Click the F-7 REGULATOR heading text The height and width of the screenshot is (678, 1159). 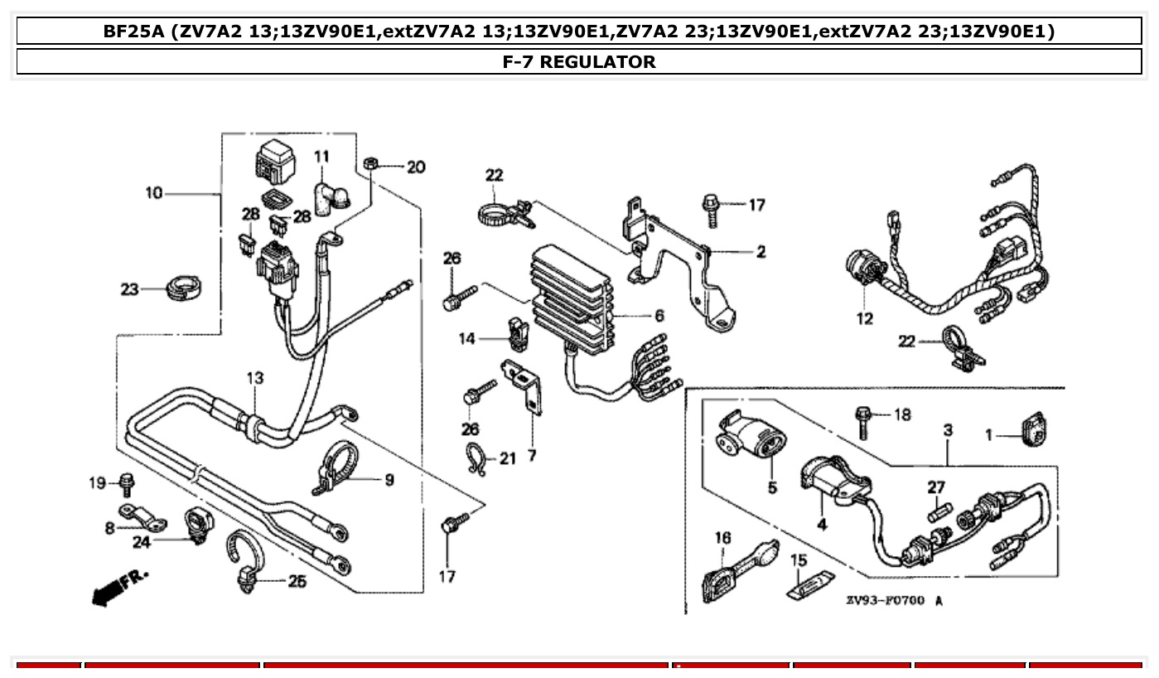click(x=579, y=62)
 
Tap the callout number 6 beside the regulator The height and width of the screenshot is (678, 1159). click(x=659, y=316)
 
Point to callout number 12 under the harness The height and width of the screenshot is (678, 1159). click(x=864, y=319)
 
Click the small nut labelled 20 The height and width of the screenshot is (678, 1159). click(x=371, y=163)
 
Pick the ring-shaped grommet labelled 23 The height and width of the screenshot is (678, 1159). click(x=185, y=288)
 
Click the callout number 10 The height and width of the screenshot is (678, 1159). click(x=154, y=193)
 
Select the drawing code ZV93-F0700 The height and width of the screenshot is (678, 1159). click(x=883, y=600)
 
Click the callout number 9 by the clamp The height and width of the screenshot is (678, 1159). click(x=389, y=479)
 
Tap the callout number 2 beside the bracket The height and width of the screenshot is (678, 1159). click(x=761, y=252)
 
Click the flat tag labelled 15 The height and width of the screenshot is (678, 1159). click(x=809, y=585)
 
